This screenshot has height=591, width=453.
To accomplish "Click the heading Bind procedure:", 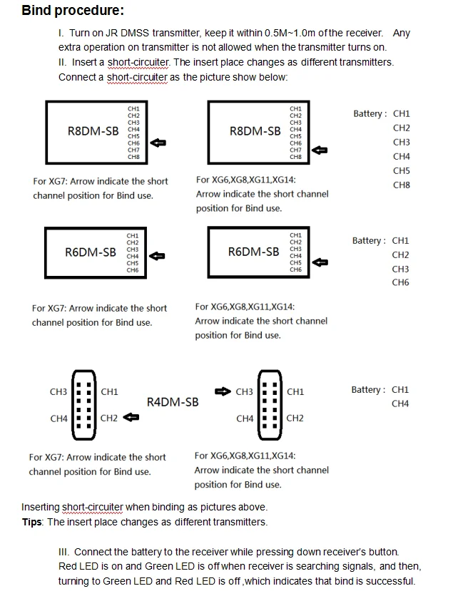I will (x=73, y=11).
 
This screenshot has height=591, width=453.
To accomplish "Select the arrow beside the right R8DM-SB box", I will (x=320, y=150).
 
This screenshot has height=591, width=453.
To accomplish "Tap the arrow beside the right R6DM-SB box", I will (x=320, y=262).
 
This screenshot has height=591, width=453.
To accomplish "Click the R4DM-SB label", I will (x=173, y=402).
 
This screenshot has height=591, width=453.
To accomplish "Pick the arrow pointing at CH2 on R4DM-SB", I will (x=131, y=418).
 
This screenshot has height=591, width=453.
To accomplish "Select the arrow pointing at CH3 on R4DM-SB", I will (x=223, y=391).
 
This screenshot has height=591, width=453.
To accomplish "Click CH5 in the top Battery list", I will (x=402, y=170).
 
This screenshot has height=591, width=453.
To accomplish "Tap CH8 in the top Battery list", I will (x=402, y=185).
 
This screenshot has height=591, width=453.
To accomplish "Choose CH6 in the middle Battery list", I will (x=400, y=282).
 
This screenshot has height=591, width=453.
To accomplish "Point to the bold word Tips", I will (x=33, y=522).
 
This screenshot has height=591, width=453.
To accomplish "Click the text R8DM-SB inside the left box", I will (x=93, y=131).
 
